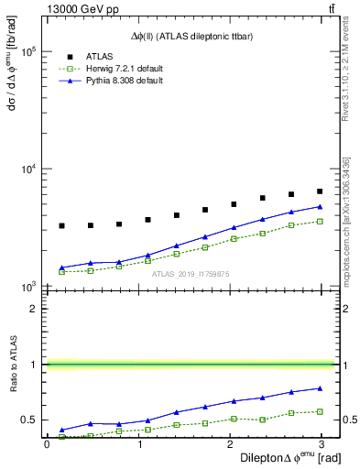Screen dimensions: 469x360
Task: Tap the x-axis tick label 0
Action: pyautogui.click(x=47, y=443)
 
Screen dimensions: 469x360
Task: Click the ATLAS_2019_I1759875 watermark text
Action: pyautogui.click(x=191, y=274)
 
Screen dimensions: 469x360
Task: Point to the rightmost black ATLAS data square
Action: pyautogui.click(x=320, y=191)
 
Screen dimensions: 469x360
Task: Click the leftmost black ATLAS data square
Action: pyautogui.click(x=61, y=225)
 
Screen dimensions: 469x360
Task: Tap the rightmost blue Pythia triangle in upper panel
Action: pyautogui.click(x=320, y=206)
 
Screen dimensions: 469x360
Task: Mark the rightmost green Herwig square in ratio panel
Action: pyautogui.click(x=320, y=411)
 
